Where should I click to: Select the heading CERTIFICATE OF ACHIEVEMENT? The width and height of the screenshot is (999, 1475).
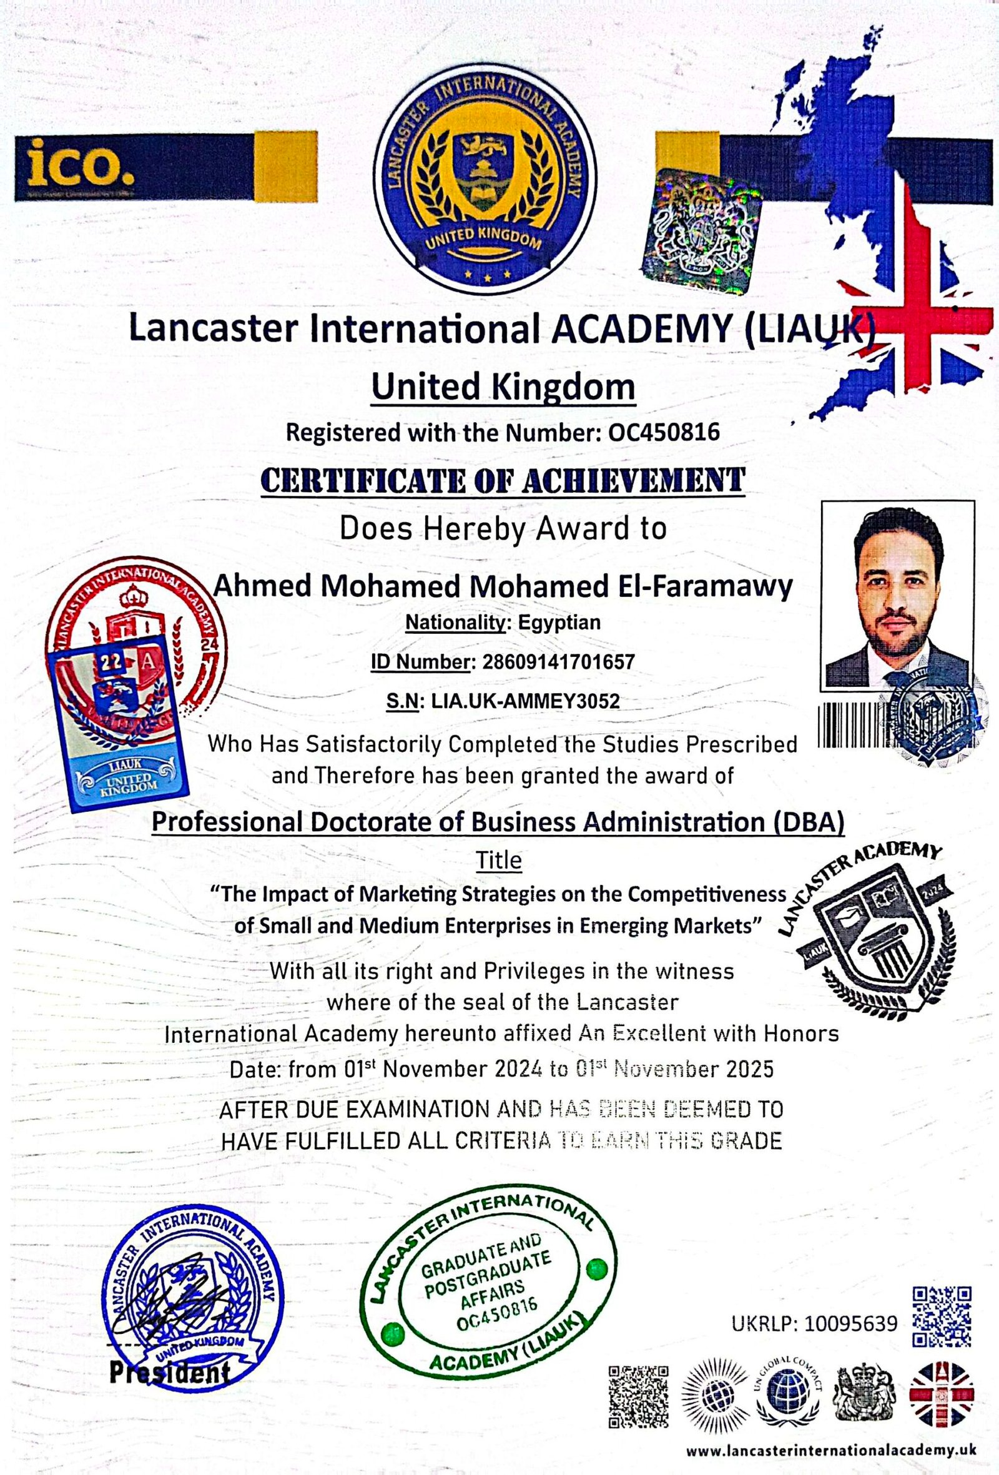click(502, 480)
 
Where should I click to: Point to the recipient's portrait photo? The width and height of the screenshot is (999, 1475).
click(897, 596)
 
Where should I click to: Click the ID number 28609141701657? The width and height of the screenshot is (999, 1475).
click(559, 662)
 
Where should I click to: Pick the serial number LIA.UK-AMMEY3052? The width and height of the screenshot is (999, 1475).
click(524, 701)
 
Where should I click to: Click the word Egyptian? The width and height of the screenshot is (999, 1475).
click(559, 622)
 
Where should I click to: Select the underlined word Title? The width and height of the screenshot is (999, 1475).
click(499, 861)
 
